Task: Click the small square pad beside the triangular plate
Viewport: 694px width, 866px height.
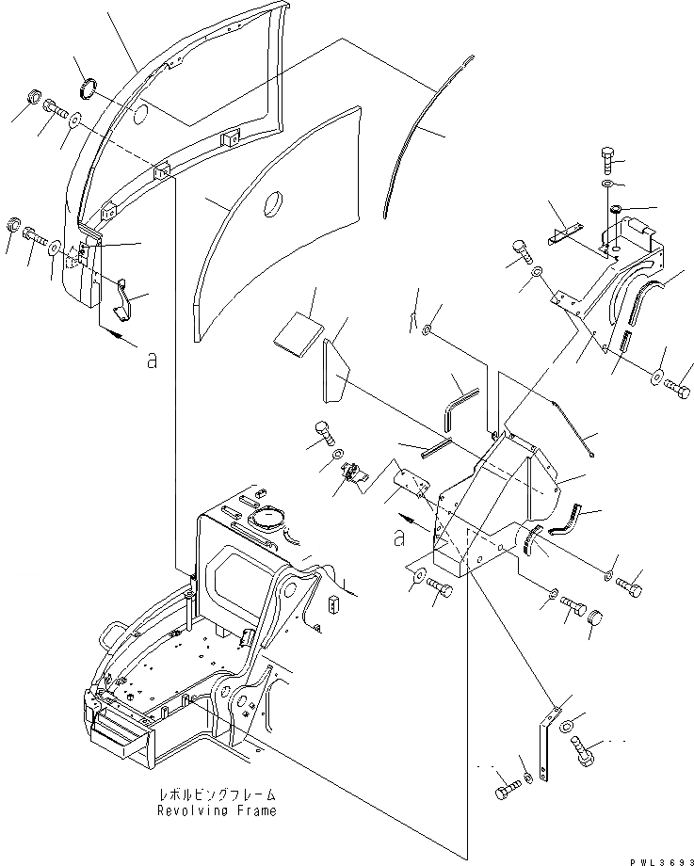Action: point(299,333)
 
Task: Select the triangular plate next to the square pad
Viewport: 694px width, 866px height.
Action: point(335,369)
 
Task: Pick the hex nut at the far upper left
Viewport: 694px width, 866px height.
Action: point(31,98)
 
